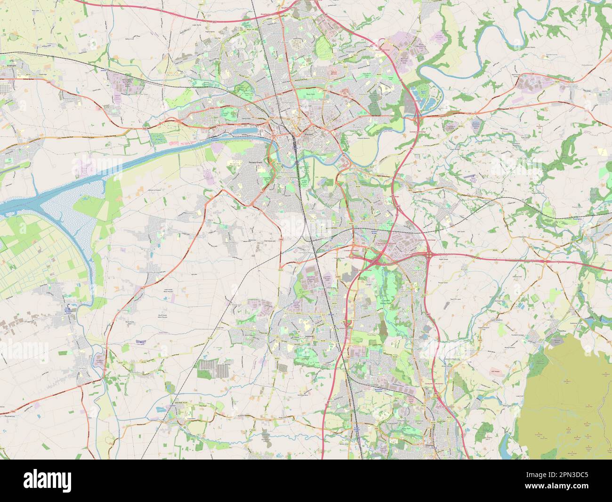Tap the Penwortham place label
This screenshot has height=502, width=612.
click(x=257, y=162)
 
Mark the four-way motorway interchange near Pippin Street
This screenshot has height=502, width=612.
click(x=429, y=254)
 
